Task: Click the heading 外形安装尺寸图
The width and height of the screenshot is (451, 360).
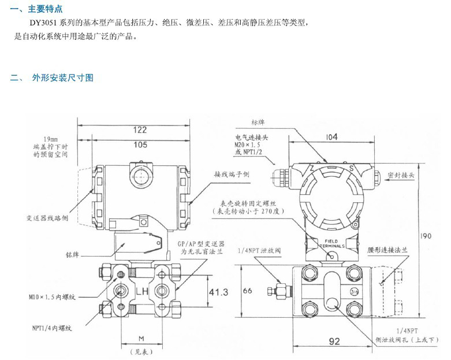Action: click(62, 78)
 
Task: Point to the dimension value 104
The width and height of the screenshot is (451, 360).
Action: click(331, 137)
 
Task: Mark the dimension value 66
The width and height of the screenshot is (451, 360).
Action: click(247, 291)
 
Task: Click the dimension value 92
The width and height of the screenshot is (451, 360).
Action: click(334, 342)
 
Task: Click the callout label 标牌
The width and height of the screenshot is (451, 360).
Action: click(258, 122)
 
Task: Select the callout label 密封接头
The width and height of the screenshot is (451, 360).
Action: click(401, 174)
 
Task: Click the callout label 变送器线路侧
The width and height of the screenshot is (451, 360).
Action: click(47, 218)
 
